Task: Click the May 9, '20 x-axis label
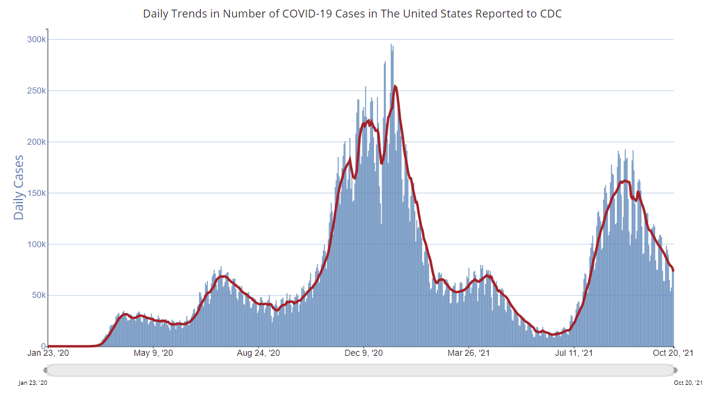pyautogui.click(x=153, y=353)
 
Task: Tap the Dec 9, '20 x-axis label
pyautogui.click(x=365, y=353)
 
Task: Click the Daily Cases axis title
pyautogui.click(x=19, y=187)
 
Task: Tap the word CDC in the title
pyautogui.click(x=551, y=13)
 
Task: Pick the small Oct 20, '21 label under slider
pyautogui.click(x=688, y=382)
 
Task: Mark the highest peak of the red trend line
pyautogui.click(x=395, y=86)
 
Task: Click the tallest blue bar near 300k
pyautogui.click(x=391, y=45)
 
